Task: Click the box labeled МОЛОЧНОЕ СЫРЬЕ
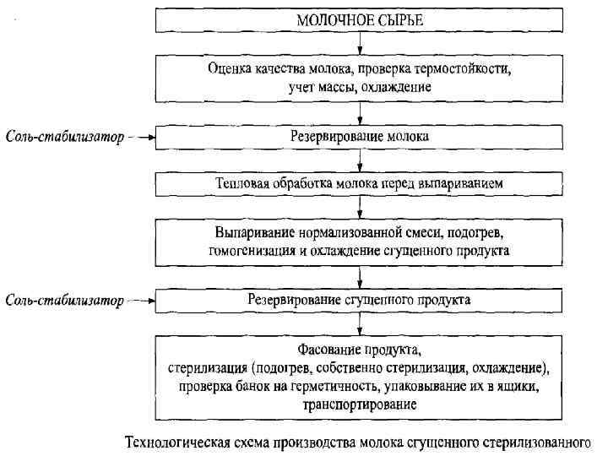360,19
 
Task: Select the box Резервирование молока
360,135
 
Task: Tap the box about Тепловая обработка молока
360,182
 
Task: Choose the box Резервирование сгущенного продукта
360,300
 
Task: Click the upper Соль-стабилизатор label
64,136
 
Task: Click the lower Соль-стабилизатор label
64,301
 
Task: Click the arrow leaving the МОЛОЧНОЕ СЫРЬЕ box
361,42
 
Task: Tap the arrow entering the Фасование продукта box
361,323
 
